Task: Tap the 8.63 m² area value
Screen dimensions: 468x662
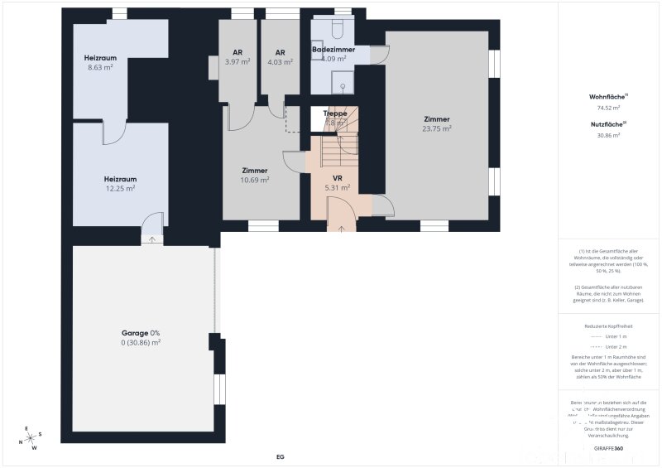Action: [100, 67]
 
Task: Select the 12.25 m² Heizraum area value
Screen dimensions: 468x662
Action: [120, 188]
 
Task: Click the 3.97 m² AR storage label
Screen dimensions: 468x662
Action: [237, 61]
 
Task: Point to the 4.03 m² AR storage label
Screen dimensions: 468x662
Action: [280, 61]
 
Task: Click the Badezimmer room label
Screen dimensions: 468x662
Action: [333, 50]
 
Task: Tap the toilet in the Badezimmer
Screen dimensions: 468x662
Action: [336, 31]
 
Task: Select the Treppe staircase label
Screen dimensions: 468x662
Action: [334, 113]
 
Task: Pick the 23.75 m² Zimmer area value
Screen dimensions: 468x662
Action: [436, 128]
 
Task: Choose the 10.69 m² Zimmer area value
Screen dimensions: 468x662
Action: [254, 180]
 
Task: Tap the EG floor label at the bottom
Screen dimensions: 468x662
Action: [280, 456]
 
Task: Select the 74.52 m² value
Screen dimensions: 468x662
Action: [608, 108]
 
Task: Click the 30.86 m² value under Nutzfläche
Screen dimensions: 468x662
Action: [608, 135]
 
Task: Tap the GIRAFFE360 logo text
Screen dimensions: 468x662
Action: [608, 448]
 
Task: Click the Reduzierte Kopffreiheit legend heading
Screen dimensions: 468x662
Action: [608, 326]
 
